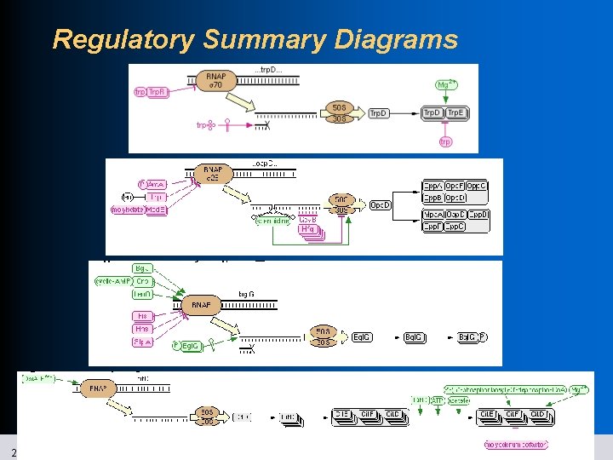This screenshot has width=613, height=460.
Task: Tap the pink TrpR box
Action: [158, 92]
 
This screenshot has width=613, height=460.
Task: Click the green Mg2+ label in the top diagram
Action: [445, 84]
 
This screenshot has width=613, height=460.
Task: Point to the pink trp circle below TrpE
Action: [445, 141]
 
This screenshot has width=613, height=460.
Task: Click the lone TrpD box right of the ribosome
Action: [380, 113]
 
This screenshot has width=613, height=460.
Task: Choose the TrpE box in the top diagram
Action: [455, 113]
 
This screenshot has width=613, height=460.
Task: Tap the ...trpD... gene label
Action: [266, 70]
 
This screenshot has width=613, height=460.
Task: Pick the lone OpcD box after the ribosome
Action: [381, 205]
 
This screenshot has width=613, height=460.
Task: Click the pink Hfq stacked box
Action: [307, 229]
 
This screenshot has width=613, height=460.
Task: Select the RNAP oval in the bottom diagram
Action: [98, 388]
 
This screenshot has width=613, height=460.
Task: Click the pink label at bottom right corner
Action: [516, 444]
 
